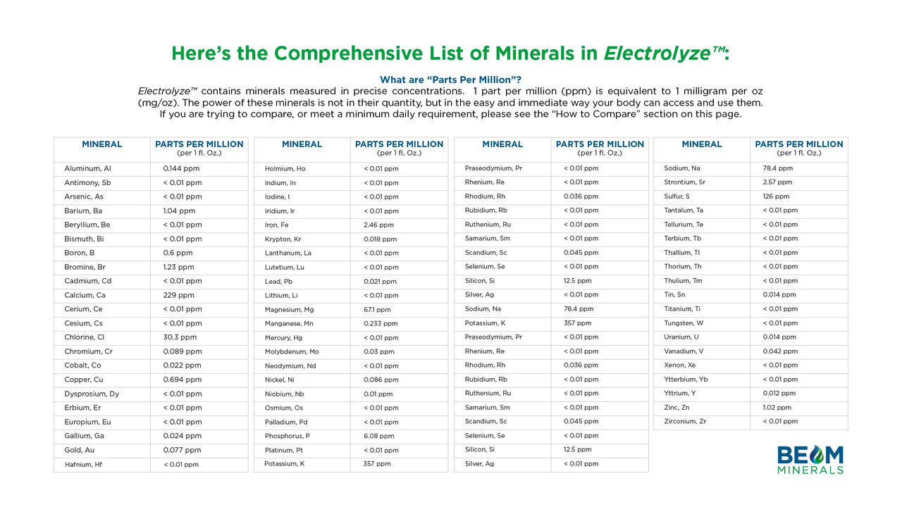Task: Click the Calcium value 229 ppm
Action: (x=178, y=295)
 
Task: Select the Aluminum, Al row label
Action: (x=87, y=169)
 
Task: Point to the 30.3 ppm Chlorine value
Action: (x=180, y=337)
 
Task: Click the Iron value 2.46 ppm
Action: (x=378, y=225)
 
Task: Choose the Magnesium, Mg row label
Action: (x=289, y=310)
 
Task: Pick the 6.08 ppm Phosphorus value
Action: (x=378, y=436)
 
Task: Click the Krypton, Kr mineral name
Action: (x=283, y=239)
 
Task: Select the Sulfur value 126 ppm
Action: (x=776, y=196)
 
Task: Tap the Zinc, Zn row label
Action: (x=676, y=407)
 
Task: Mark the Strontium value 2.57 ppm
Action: (x=777, y=182)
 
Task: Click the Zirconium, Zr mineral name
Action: (x=685, y=421)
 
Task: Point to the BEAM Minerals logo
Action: (x=810, y=459)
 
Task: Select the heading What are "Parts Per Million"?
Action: (x=450, y=80)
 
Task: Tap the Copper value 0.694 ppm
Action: (x=182, y=380)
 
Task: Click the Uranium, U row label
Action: (x=681, y=337)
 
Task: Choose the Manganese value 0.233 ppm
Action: (x=381, y=324)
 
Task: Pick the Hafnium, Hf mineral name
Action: (x=83, y=465)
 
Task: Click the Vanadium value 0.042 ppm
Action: (x=780, y=351)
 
